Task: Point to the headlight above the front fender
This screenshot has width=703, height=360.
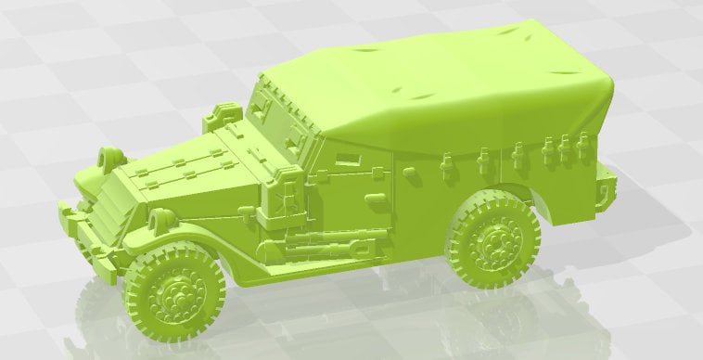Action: pos(160,221)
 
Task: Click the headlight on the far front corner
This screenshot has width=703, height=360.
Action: pos(111,155)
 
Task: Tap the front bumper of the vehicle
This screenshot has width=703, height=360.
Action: pos(89,238)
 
